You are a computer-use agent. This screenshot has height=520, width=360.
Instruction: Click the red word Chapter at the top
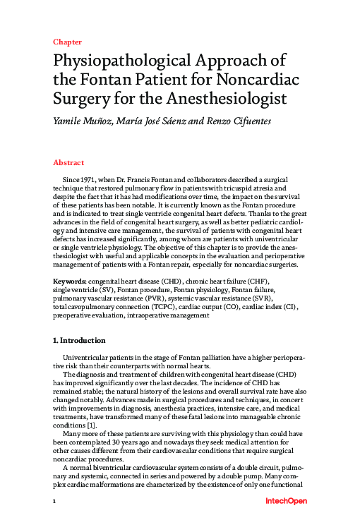(67, 42)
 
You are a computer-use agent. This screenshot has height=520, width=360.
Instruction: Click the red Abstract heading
(68, 162)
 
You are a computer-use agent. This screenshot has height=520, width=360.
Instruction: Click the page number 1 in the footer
(54, 502)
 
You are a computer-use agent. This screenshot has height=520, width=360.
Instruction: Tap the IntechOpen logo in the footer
(284, 501)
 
